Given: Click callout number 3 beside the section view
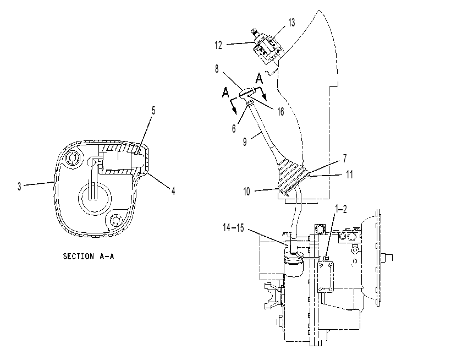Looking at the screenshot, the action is pyautogui.click(x=19, y=187).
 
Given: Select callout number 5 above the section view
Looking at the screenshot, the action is pyautogui.click(x=153, y=111).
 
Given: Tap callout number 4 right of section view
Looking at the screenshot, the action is pyautogui.click(x=173, y=191).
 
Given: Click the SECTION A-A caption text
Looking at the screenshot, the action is pyautogui.click(x=89, y=256).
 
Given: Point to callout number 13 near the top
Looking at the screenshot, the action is pyautogui.click(x=291, y=23).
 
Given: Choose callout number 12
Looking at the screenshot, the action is pyautogui.click(x=218, y=45).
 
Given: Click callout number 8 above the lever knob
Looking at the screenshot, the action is pyautogui.click(x=217, y=69).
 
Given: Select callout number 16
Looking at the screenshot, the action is pyautogui.click(x=280, y=111).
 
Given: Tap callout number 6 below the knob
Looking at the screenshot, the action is pyautogui.click(x=234, y=129).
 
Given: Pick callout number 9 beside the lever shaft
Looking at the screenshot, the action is pyautogui.click(x=245, y=142).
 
